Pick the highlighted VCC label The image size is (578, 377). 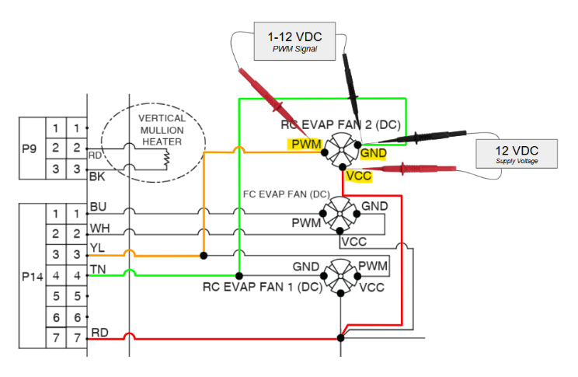click(359, 176)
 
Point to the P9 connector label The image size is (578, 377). click(30, 148)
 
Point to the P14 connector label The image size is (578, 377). click(30, 275)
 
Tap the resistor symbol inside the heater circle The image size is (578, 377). click(165, 158)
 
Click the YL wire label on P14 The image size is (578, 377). click(98, 250)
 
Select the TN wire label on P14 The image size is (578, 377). click(98, 270)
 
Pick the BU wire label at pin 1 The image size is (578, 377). click(98, 208)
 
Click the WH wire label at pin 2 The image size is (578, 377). click(99, 229)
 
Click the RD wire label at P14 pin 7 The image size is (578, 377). click(99, 333)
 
